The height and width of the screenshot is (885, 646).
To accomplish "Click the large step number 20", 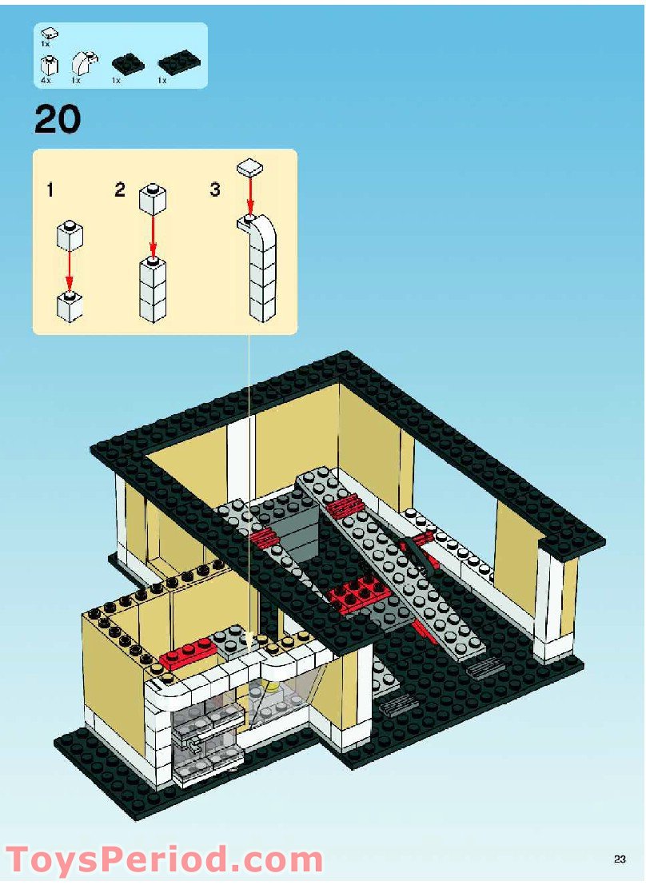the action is [x=58, y=119].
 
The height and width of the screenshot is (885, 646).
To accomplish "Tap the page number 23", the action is [x=620, y=859].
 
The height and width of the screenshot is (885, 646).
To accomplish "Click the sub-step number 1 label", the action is [x=50, y=190].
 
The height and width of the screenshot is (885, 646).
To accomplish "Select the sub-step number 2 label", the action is [x=119, y=189].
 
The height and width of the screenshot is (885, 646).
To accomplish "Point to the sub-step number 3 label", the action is [x=214, y=189].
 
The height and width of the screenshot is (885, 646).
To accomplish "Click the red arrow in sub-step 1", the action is [x=69, y=272].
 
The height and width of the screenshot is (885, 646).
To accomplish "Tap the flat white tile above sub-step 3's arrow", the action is [x=251, y=168].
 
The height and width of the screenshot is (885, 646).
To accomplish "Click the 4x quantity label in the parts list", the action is [x=46, y=81].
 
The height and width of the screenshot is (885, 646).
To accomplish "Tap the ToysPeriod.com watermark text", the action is [x=165, y=860].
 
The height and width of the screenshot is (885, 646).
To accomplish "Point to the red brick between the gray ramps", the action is [x=357, y=594].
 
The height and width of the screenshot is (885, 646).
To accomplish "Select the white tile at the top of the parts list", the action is [x=50, y=34].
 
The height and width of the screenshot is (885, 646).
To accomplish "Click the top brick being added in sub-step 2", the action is [x=153, y=199].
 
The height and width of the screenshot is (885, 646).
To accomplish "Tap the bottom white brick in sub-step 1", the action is [x=70, y=306].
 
